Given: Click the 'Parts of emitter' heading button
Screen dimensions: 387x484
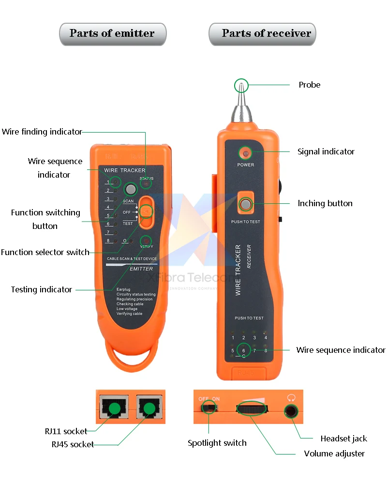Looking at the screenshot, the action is click(112, 33).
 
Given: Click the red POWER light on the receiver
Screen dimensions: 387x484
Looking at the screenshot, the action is click(246, 153).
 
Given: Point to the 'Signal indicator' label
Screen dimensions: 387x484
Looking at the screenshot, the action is click(326, 151).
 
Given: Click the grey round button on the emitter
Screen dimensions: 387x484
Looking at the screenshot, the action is click(130, 189).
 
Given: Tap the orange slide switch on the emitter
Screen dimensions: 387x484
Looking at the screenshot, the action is click(146, 212).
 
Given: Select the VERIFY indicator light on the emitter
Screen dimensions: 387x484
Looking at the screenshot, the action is click(146, 241).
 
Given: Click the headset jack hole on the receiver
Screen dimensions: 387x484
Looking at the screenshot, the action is click(291, 412).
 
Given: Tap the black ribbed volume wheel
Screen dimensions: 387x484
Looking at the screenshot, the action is click(252, 409).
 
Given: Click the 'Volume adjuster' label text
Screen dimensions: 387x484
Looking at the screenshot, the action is click(334, 454).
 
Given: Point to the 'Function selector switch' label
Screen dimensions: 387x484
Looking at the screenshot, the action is click(45, 252).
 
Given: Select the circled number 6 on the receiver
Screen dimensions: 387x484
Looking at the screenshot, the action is click(243, 350).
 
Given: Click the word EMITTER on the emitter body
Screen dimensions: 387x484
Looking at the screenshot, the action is click(141, 269).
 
